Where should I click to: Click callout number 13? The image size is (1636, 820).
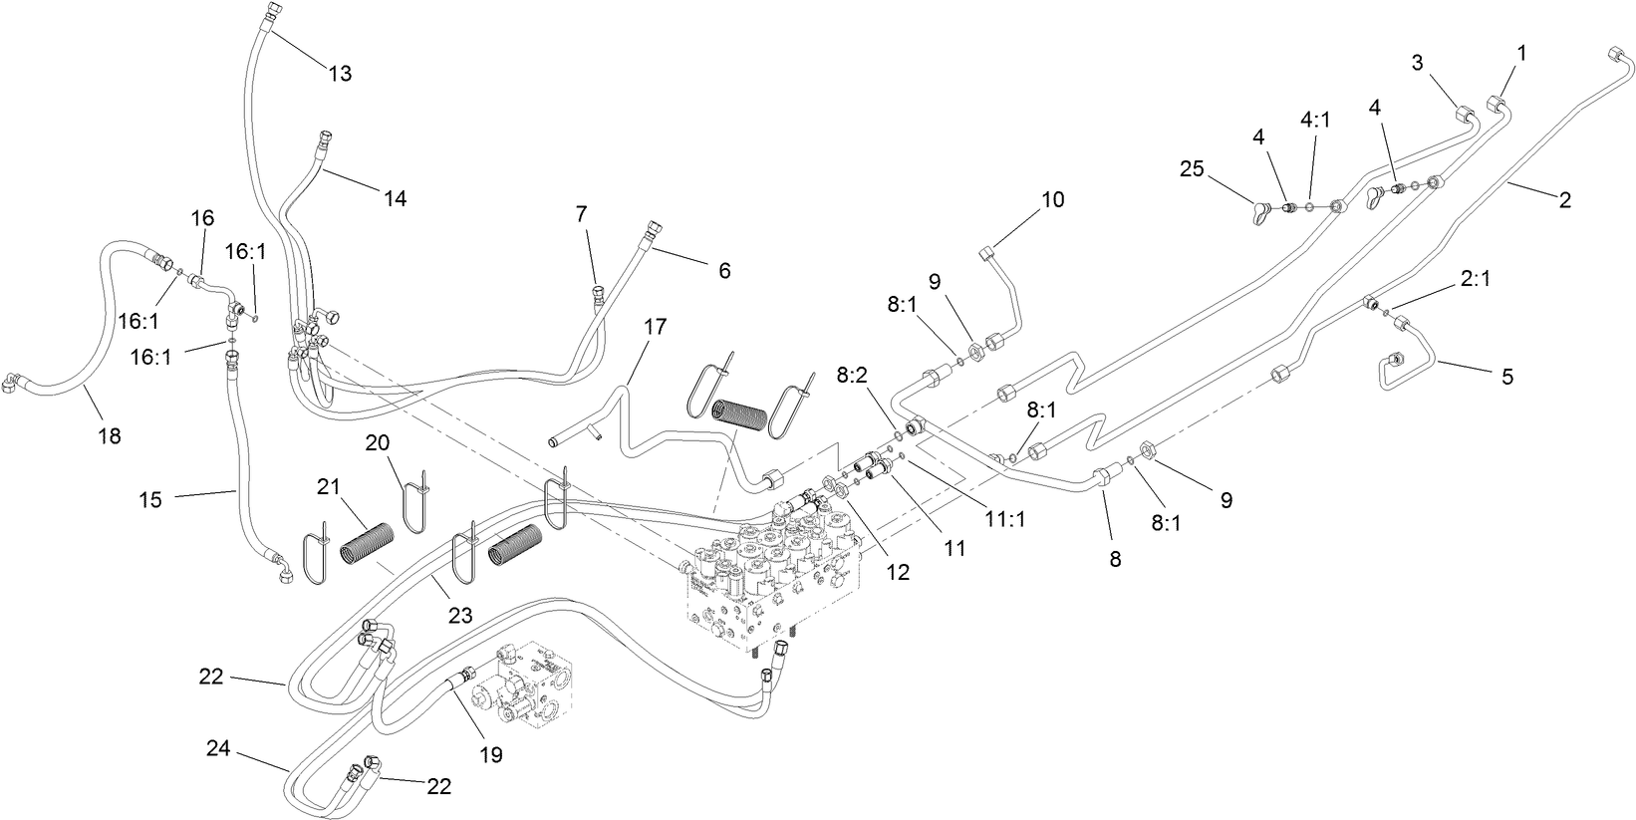(x=341, y=74)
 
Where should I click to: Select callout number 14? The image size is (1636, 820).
(x=395, y=198)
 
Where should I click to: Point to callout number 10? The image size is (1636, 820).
(x=1053, y=199)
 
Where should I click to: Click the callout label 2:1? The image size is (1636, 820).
(x=1477, y=282)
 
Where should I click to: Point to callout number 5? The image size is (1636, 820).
(x=1506, y=377)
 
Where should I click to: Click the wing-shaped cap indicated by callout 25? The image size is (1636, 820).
(x=1261, y=211)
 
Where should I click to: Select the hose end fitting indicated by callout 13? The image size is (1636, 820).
(x=273, y=12)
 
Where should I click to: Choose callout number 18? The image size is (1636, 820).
(x=110, y=435)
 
